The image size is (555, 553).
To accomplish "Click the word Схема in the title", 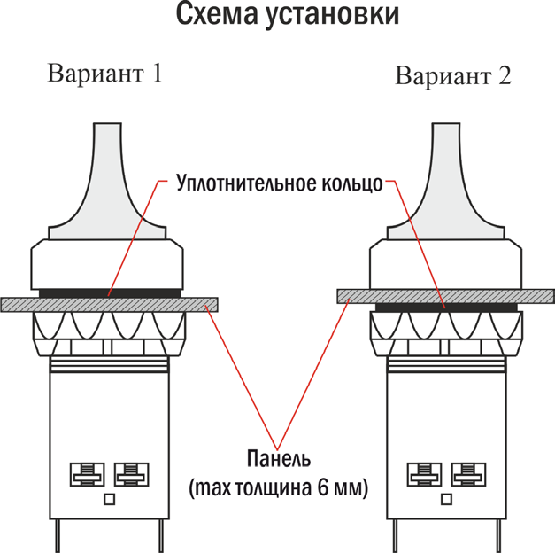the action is (x=217, y=14).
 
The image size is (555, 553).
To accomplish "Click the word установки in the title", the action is (x=333, y=16).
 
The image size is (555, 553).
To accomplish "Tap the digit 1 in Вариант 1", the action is (x=156, y=73).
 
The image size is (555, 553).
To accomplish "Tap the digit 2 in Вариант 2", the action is (x=505, y=75).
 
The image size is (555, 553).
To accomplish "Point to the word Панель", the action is (x=279, y=458).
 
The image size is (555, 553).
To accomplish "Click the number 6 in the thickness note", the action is (x=323, y=487).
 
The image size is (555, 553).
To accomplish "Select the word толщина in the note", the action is (x=274, y=488).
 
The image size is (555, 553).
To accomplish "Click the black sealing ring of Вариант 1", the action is (x=110, y=293).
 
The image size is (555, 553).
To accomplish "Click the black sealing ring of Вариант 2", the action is (x=446, y=308).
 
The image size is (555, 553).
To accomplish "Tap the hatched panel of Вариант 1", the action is (x=109, y=305).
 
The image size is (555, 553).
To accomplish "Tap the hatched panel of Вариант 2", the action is (x=445, y=296).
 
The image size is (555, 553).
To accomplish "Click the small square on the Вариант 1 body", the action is (x=110, y=500).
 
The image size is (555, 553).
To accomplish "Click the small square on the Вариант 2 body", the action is (x=447, y=500).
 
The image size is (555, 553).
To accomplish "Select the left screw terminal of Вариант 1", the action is (x=87, y=474).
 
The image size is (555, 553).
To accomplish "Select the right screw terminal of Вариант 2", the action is (x=468, y=474).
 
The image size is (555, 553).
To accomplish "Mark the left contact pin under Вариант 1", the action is (x=58, y=536).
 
